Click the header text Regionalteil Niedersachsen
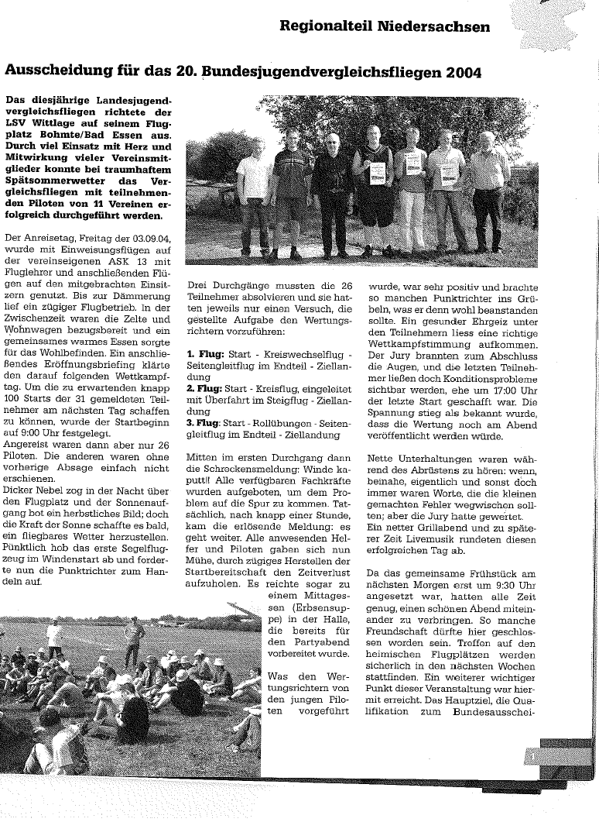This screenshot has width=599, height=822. click(x=385, y=27)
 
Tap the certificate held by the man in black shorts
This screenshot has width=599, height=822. click(x=377, y=174)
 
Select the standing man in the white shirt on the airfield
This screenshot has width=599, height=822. click(x=54, y=637)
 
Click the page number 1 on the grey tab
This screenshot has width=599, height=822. click(x=533, y=755)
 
